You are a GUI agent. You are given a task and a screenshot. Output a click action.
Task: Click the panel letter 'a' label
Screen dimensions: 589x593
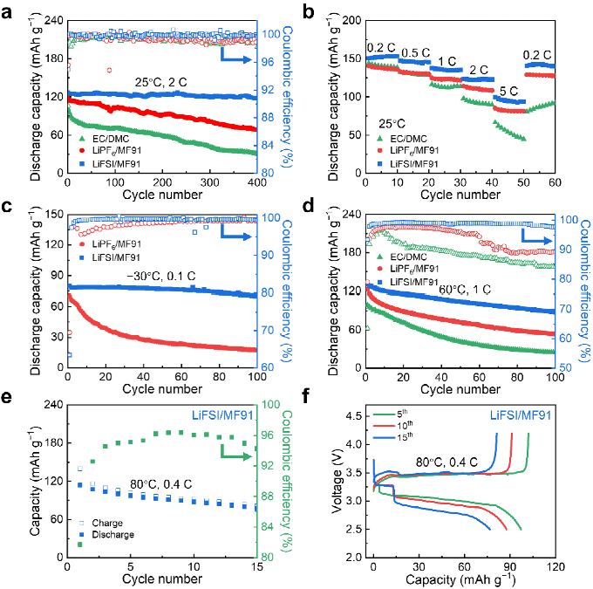pyautogui.click(x=9, y=12)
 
